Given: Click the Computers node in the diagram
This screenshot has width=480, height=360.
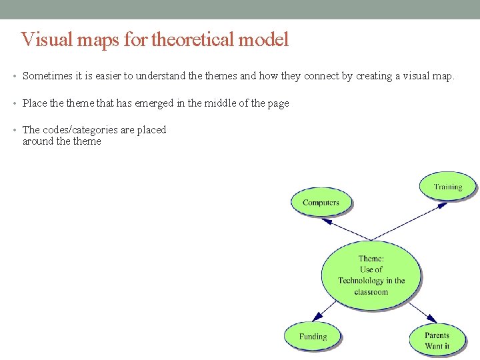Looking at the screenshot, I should point(321,202).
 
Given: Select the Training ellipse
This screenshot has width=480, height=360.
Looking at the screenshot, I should point(448,187).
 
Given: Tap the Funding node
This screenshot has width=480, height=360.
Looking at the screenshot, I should point(313,337).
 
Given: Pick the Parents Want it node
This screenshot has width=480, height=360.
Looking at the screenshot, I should point(437,340).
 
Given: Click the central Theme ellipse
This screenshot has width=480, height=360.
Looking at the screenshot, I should point(371,275).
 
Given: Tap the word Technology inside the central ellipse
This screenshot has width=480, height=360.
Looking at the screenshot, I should point(361,281).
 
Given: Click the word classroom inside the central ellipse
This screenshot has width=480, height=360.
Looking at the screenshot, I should point(371,292).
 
